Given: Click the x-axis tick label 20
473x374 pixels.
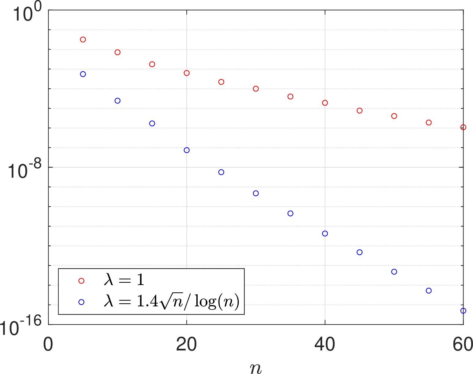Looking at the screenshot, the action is [186, 344].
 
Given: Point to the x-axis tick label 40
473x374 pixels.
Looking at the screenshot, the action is [325, 344].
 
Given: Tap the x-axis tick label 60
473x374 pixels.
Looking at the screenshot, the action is [463, 344].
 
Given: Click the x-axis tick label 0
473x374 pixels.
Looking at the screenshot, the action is [48, 344].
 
